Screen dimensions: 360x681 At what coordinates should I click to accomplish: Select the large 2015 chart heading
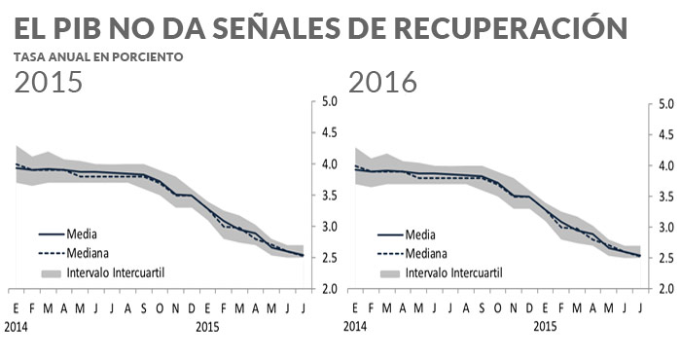pyautogui.click(x=48, y=83)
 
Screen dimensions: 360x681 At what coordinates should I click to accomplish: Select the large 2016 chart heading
pyautogui.click(x=382, y=83)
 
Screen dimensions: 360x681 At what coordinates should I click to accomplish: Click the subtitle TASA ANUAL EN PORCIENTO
pyautogui.click(x=98, y=56)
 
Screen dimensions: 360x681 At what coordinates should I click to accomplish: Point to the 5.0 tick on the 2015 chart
pyautogui.click(x=329, y=101)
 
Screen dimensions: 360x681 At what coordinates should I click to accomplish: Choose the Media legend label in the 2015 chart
pyautogui.click(x=82, y=234)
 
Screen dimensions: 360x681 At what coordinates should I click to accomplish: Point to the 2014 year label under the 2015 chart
pyautogui.click(x=16, y=328)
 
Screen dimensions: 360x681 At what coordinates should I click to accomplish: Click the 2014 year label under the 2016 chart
pyautogui.click(x=354, y=328)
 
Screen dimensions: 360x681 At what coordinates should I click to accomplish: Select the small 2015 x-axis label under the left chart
pyautogui.click(x=207, y=328)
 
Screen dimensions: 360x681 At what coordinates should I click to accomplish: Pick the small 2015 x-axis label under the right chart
pyautogui.click(x=545, y=328)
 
